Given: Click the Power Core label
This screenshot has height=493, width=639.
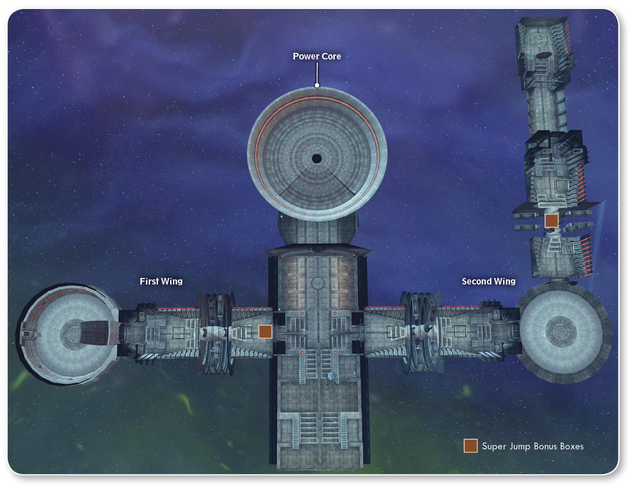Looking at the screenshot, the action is point(317,56).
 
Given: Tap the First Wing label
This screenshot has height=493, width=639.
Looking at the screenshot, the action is point(161,281).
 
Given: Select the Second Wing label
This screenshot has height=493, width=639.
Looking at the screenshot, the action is point(489,281).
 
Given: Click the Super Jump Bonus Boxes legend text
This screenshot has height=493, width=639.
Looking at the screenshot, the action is point(532,446).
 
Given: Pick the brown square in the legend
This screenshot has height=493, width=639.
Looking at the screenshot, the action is point(471,446).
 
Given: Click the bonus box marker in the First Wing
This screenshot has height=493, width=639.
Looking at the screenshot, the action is point(265,332).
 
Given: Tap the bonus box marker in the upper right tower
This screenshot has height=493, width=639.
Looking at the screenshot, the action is point(551,221).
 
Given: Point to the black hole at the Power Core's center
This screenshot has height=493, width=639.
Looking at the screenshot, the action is point(317,159).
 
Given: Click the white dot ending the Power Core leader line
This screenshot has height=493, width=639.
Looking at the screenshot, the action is point(317,85).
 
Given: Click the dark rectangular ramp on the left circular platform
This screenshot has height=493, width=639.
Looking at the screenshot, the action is point(96,333).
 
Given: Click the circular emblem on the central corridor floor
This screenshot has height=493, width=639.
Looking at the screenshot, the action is point(317,283).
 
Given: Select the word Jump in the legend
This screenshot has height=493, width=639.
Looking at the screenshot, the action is point(520,447).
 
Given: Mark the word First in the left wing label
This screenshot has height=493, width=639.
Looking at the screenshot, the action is point(149,281).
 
